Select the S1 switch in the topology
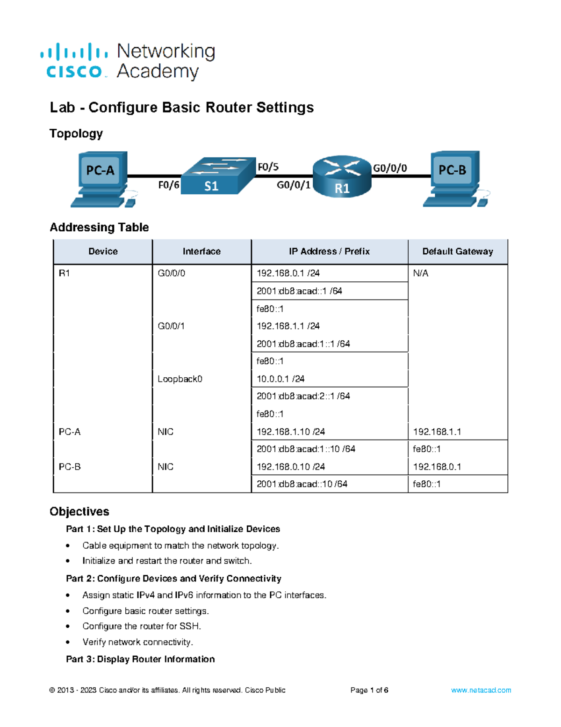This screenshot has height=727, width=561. point(217,176)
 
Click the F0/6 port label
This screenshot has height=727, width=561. point(168,185)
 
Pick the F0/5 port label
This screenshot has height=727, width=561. point(268,167)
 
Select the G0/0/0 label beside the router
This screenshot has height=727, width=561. point(389,168)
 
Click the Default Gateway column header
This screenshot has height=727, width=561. point(458,251)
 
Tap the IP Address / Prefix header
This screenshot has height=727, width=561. point(329,251)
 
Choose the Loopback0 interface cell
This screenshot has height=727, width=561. point(180,379)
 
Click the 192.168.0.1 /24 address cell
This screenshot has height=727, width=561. point(288,273)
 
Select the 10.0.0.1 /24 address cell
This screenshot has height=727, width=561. point(280,379)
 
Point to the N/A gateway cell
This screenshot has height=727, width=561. point(421,273)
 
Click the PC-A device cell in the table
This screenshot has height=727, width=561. point(70,432)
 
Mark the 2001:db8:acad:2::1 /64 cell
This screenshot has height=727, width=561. point(303,396)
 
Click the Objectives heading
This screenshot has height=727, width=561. point(79,511)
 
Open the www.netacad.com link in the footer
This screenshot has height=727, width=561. point(481,690)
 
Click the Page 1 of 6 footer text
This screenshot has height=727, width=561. point(369,690)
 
